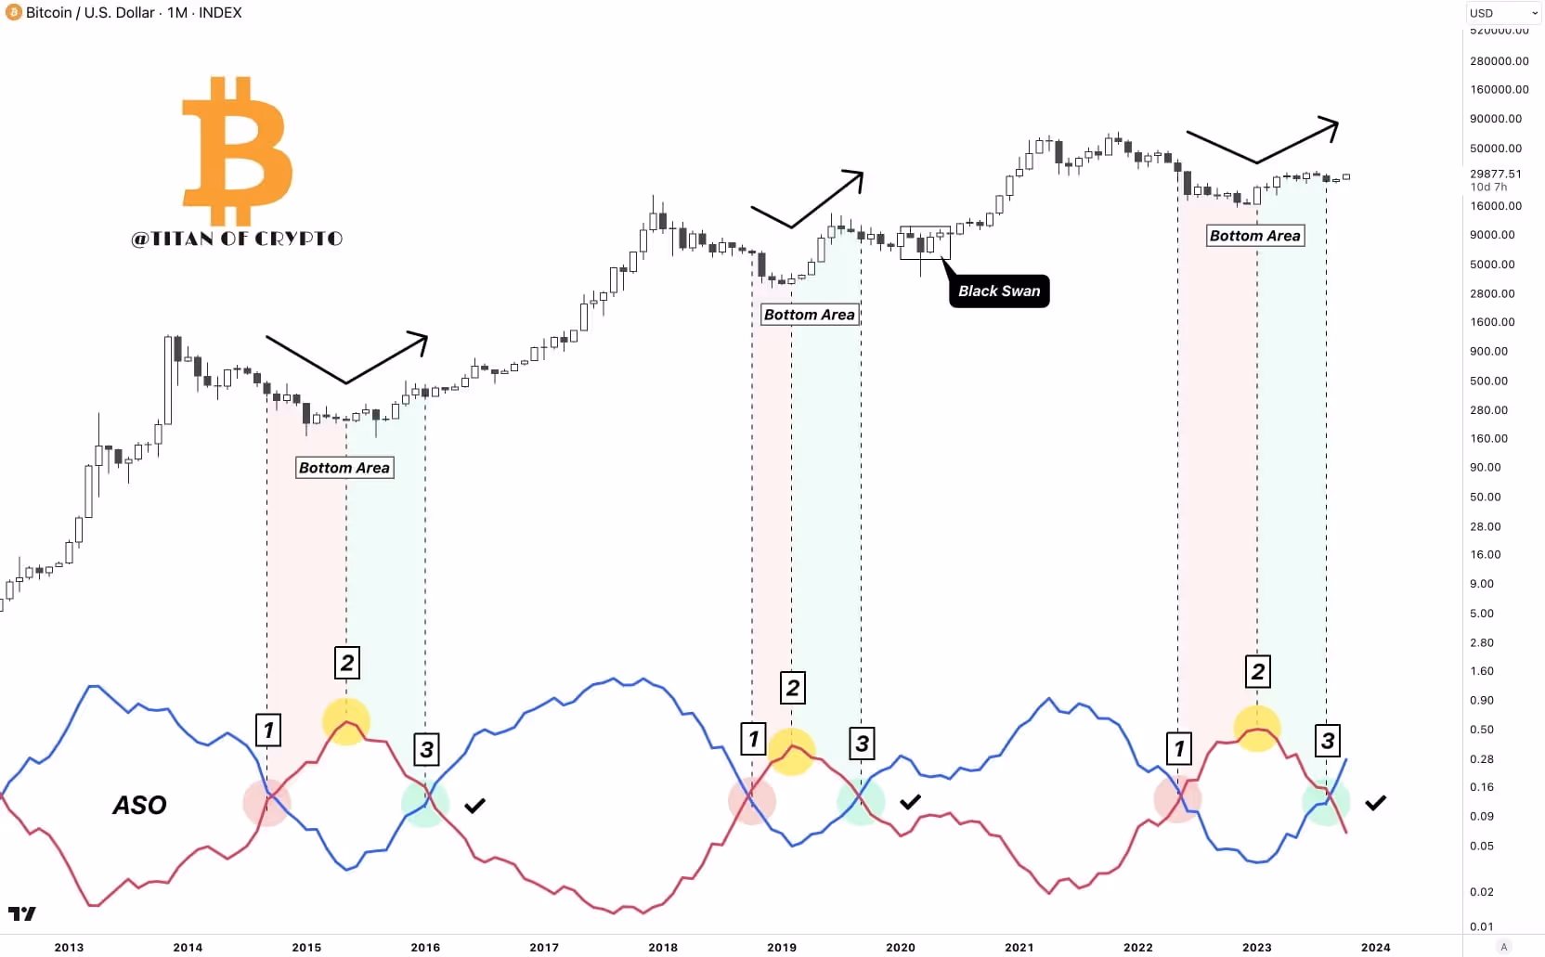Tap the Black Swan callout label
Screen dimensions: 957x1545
[x=999, y=291]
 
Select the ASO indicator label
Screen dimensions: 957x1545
[x=140, y=805]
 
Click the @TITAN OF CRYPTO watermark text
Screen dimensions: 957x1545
[x=238, y=239]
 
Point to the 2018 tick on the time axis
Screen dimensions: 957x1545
[x=663, y=947]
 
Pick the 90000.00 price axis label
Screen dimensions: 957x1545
[x=1496, y=119]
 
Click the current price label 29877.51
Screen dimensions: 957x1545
[x=1496, y=174]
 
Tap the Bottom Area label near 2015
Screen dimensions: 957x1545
[x=344, y=468]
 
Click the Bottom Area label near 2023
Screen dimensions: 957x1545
[x=1254, y=236]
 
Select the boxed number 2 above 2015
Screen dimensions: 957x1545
[x=346, y=663]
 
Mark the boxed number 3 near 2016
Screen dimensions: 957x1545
[x=426, y=749]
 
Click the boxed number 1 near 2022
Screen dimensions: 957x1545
[x=1179, y=747]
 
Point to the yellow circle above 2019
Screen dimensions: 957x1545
[x=792, y=751]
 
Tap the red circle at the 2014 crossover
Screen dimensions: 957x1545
[x=267, y=803]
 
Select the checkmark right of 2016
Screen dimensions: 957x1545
[x=474, y=806]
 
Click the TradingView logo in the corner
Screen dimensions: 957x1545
[x=22, y=914]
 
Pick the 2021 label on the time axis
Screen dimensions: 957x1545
[x=1019, y=947]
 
